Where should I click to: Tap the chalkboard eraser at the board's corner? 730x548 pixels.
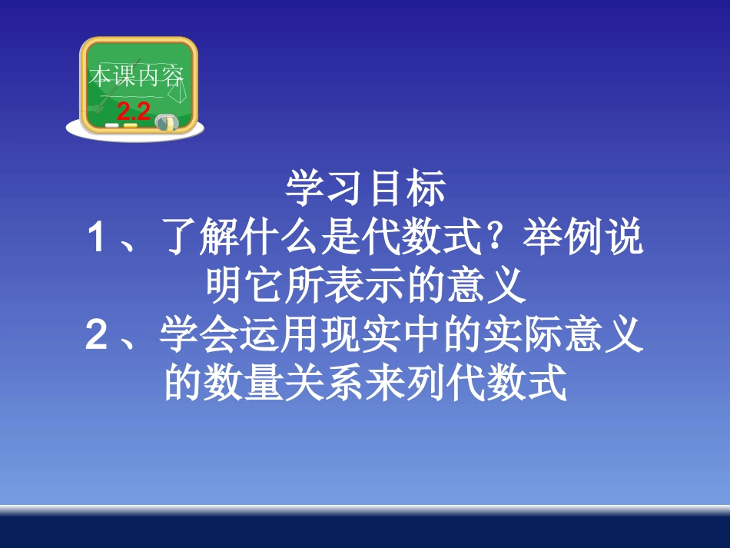[165, 121]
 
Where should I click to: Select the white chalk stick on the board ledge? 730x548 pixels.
[113, 124]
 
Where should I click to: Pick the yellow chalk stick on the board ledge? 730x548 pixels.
[131, 125]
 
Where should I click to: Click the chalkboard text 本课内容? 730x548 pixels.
[136, 77]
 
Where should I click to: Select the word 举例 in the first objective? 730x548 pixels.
[562, 239]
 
